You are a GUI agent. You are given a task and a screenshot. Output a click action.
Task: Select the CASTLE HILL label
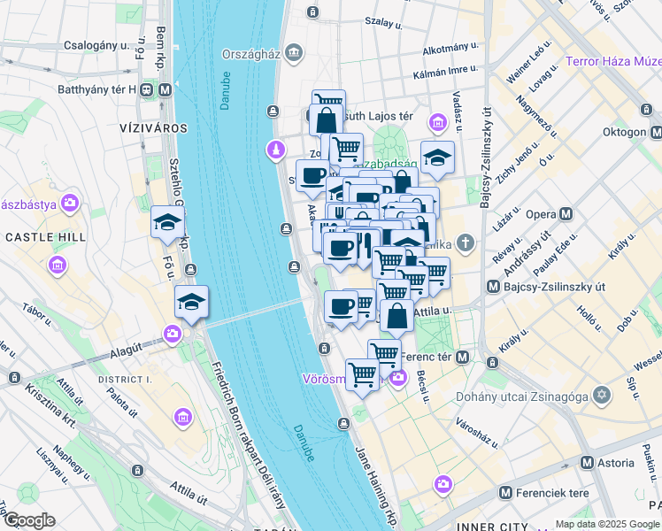[45, 237]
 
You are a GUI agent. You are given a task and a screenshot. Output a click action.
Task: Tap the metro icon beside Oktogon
[656, 132]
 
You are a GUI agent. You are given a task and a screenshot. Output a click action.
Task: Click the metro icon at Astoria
[587, 463]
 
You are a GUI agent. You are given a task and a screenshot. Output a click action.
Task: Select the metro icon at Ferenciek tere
[505, 492]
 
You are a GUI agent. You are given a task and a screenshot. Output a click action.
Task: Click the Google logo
[28, 520]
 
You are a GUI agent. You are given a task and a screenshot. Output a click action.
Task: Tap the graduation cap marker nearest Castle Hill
[166, 224]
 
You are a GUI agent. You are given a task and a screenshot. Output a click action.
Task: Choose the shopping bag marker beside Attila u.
[396, 315]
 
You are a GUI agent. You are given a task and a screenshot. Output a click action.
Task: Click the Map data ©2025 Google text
[607, 524]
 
